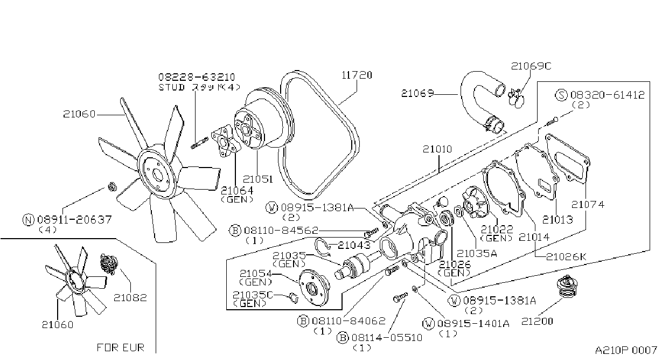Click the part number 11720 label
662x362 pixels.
click(x=357, y=75)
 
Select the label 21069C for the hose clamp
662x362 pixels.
click(x=531, y=66)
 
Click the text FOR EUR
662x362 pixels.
click(x=121, y=347)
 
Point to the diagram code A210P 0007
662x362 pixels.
click(x=626, y=350)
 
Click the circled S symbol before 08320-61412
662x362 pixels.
click(x=561, y=95)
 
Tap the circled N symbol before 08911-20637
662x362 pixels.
click(x=29, y=220)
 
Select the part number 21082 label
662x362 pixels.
click(x=130, y=297)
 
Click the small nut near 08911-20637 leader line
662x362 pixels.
click(x=112, y=186)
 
